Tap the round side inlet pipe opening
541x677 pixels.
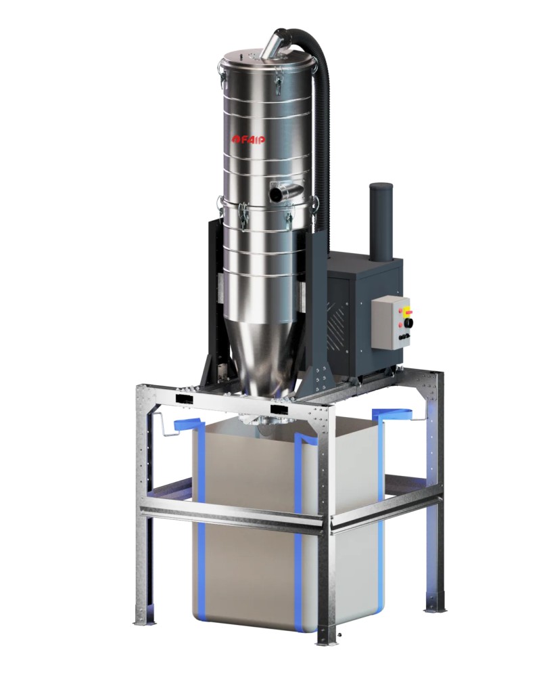coord(276,194)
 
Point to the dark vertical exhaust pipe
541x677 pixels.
coord(380,216)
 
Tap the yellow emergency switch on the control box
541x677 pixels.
coord(408,312)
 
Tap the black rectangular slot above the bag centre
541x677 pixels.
coord(279,410)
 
